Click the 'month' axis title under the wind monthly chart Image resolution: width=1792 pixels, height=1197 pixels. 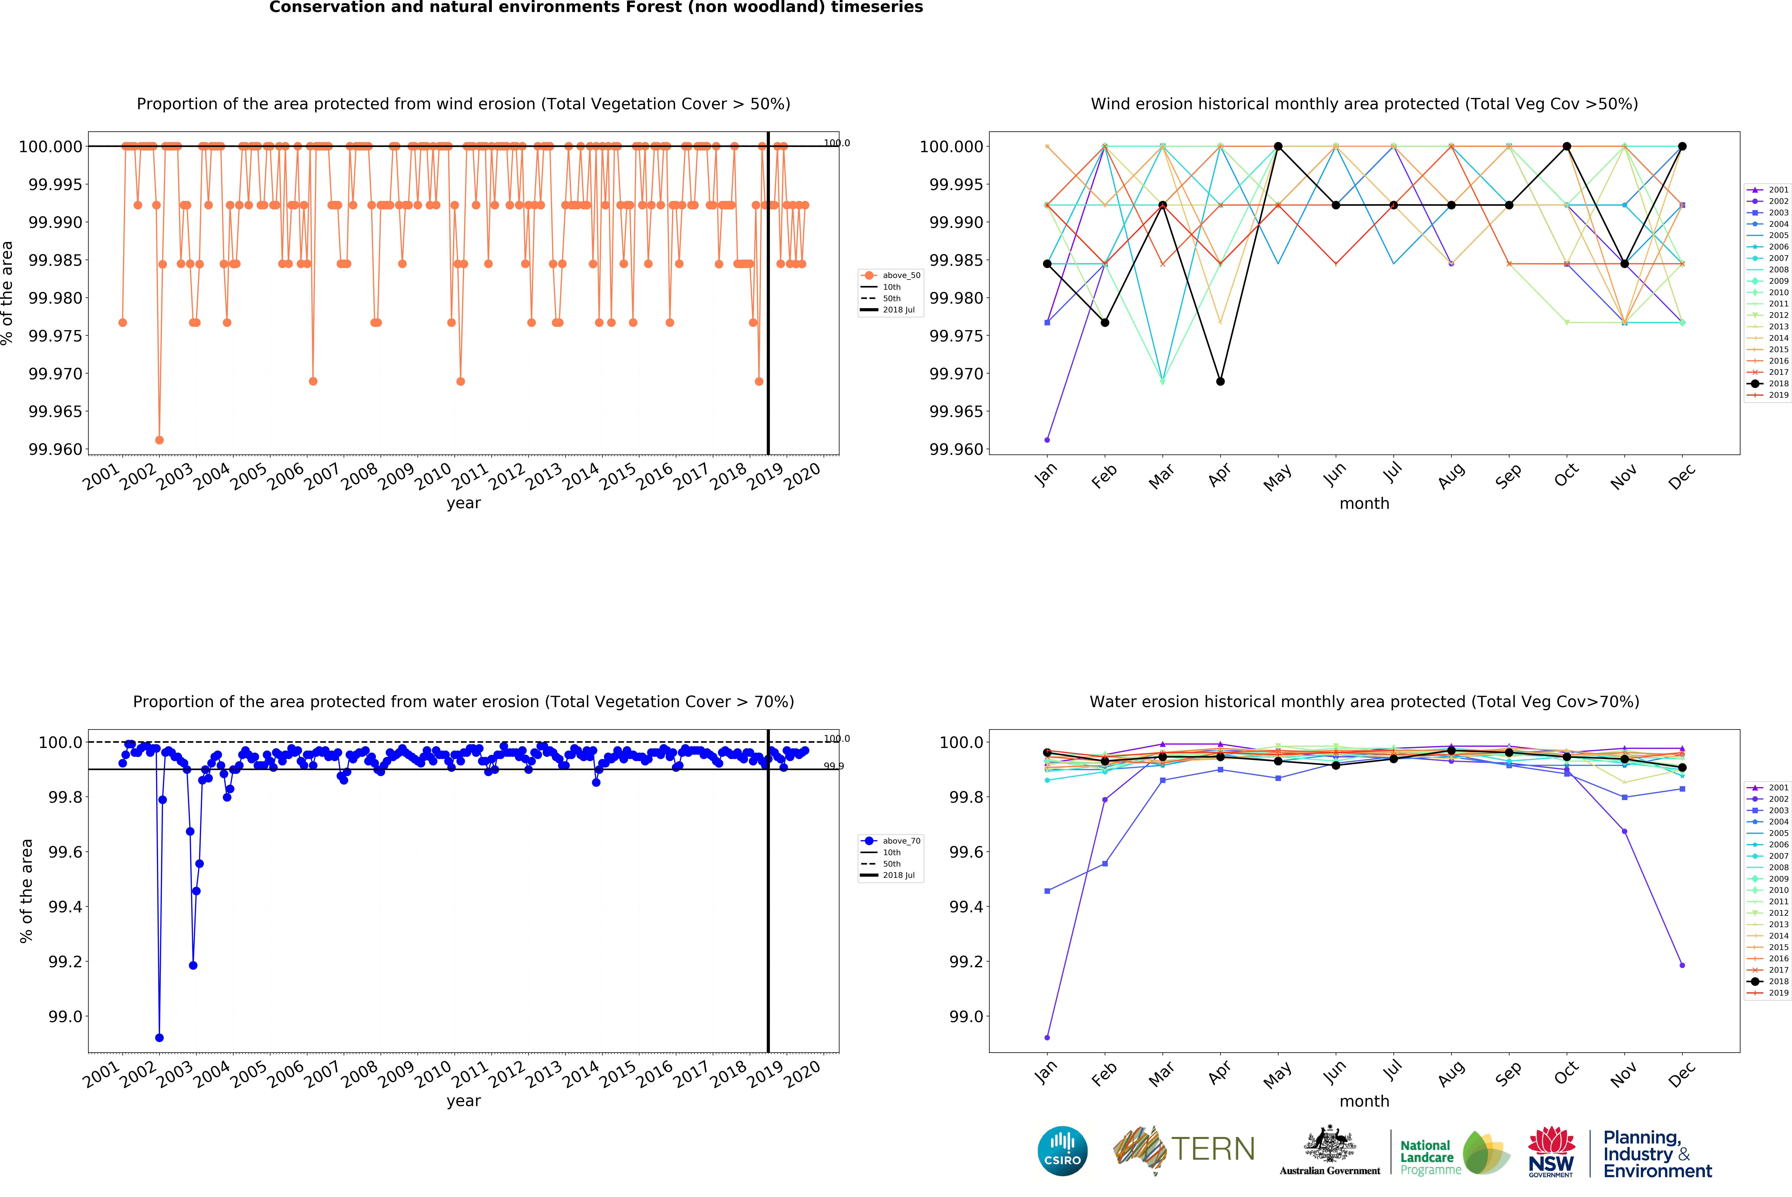(x=1364, y=504)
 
